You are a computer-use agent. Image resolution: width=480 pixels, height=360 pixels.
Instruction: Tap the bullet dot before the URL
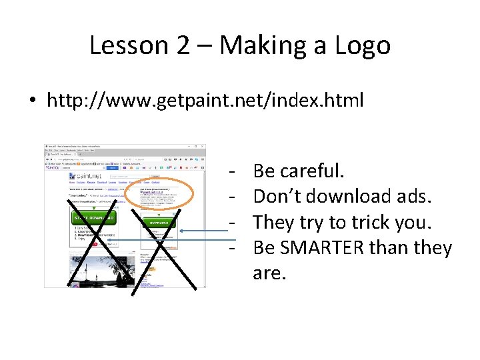point(32,101)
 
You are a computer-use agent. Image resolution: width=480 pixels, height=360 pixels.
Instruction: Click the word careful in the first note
point(313,171)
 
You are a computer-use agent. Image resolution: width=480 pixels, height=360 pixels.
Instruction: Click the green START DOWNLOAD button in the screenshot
point(93,219)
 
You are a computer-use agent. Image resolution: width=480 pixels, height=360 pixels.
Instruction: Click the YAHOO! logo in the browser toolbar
point(53,167)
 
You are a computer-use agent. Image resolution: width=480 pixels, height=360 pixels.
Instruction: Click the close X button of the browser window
point(202,147)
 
